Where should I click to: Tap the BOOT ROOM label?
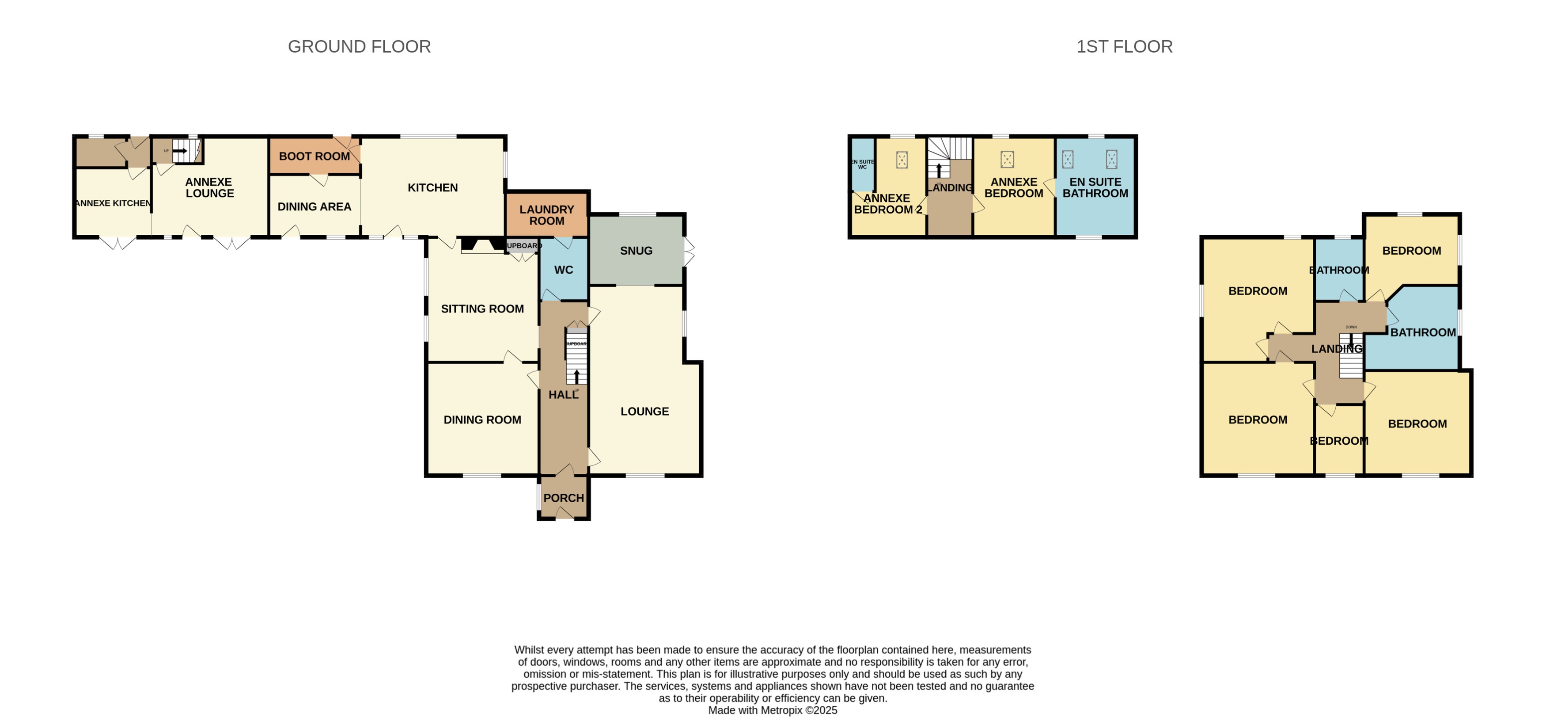[314, 156]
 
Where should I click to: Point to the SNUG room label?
[636, 250]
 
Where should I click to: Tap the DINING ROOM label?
[482, 420]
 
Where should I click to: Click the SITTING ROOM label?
[482, 309]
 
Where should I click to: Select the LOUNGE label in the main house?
[644, 412]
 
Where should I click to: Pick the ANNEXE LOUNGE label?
[209, 187]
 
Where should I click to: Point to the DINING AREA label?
[314, 206]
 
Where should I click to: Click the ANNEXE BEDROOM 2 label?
[887, 204]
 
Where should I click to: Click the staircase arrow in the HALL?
[577, 377]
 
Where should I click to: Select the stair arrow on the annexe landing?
[939, 169]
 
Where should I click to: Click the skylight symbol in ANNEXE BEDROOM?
[1007, 159]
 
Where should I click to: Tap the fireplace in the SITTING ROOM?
[482, 245]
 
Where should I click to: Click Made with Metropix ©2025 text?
[773, 710]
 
